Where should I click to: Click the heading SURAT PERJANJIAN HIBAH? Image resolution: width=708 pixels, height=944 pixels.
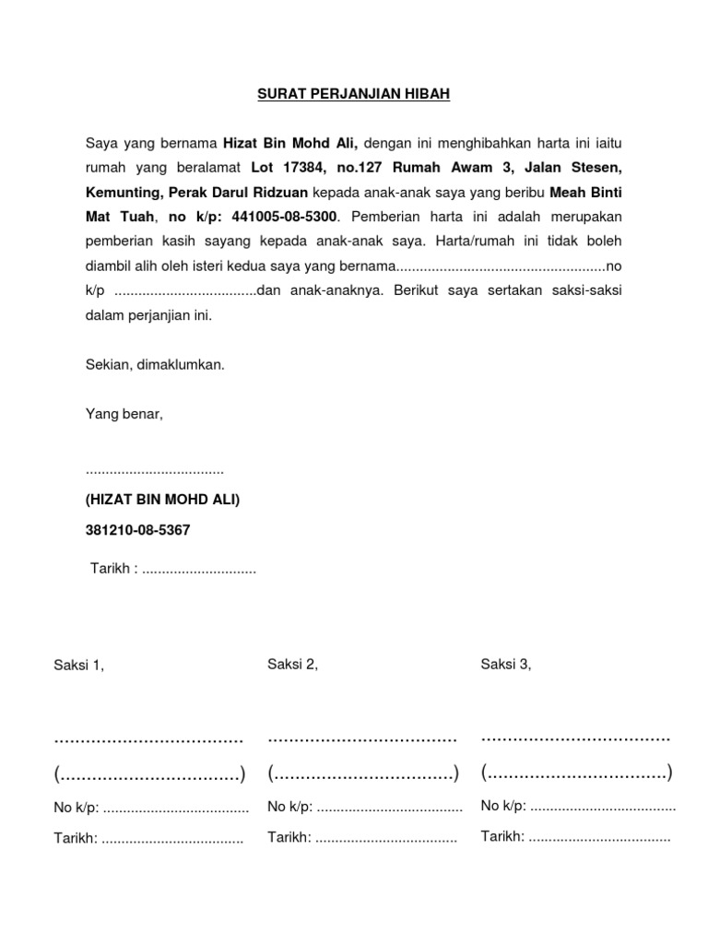(x=354, y=94)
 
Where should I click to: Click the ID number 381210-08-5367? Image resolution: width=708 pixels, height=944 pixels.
(x=138, y=531)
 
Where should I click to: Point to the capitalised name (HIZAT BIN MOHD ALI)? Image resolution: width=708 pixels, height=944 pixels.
(x=162, y=500)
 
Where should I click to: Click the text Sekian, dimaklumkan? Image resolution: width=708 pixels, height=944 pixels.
(x=155, y=365)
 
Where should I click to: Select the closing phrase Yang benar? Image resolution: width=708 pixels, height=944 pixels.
(x=124, y=414)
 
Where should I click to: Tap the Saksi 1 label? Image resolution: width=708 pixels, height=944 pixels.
(x=79, y=666)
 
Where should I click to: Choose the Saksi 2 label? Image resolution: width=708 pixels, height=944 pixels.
(x=292, y=664)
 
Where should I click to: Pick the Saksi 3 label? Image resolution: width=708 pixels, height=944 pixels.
(x=506, y=664)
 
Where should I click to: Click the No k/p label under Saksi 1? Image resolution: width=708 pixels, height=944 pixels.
(x=77, y=808)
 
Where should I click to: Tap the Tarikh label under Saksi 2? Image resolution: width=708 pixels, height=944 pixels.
(x=289, y=837)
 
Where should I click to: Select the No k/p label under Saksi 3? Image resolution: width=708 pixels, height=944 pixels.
(x=503, y=807)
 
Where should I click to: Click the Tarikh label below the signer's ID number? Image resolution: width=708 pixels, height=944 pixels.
(x=112, y=568)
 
